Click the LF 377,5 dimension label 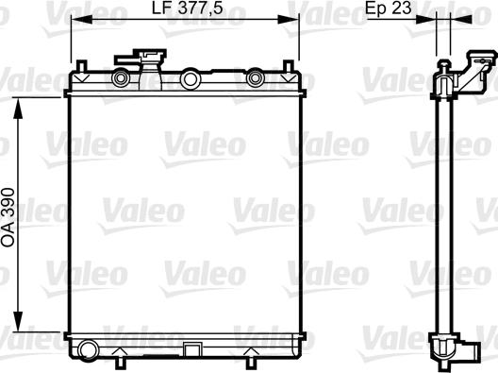(187, 8)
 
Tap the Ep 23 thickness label (388, 8)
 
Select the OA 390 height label (8, 217)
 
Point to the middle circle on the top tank (191, 79)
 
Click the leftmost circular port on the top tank (121, 78)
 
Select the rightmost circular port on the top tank (255, 77)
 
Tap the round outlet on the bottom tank (88, 350)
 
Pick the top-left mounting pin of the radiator (82, 66)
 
